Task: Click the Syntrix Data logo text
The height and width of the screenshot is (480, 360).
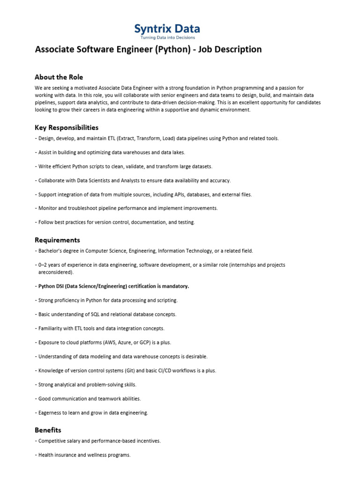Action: point(167,29)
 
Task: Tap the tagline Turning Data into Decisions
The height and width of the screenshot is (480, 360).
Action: point(167,38)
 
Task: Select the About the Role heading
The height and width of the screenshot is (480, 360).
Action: point(59,77)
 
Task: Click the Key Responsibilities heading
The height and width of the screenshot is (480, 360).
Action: point(67,127)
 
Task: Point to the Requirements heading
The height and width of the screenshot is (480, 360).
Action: point(57,240)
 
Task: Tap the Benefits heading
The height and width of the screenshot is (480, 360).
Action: point(48,430)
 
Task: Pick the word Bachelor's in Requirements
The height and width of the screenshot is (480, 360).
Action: point(51,251)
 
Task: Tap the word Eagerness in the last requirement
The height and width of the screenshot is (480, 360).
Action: point(50,412)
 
